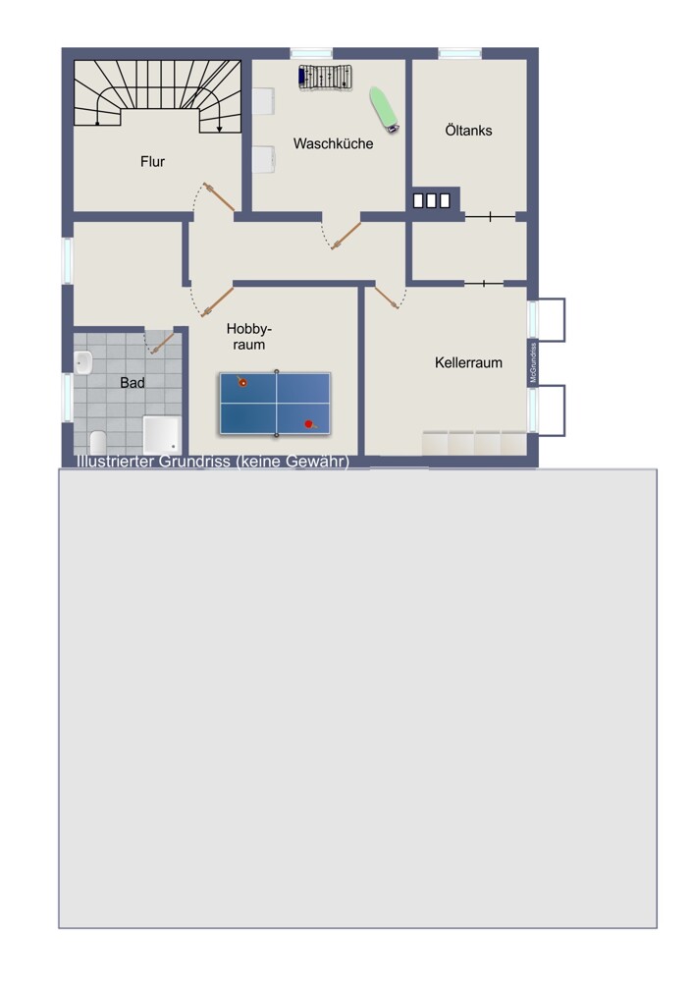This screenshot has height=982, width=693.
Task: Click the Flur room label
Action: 152,162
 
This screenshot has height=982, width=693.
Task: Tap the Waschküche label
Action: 333,143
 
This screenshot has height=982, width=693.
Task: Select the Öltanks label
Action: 468,131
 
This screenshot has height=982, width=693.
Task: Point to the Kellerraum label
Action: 468,362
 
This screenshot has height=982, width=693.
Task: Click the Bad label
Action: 133,383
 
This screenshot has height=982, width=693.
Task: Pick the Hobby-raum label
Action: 249,336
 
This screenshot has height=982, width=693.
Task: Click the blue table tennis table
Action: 275,404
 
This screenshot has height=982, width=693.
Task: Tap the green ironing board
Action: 384,110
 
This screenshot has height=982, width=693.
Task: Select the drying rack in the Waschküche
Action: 325,78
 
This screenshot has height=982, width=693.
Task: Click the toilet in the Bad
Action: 98,442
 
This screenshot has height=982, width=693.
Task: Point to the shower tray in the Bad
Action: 162,435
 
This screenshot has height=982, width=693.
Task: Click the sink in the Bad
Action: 83,362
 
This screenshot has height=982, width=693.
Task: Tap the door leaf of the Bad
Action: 163,343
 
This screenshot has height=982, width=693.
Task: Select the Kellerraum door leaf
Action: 386,298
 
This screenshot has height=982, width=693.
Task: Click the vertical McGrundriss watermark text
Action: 533,362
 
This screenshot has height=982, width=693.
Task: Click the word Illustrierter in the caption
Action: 116,461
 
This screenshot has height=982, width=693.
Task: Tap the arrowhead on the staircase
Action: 220,129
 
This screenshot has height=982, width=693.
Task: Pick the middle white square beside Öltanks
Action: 431,200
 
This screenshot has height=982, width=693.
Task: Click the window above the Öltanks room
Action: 460,54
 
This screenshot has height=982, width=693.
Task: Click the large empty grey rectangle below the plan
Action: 358,698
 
